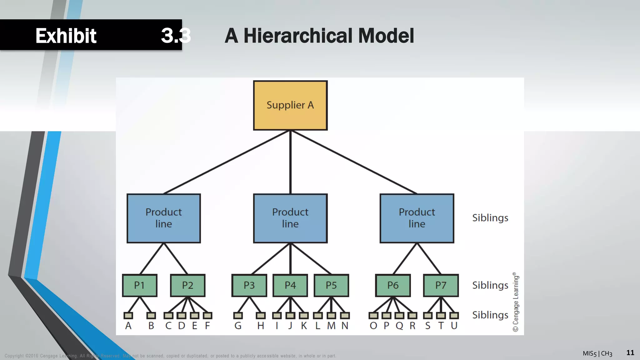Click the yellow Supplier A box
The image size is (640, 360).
point(290,105)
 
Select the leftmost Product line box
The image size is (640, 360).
point(163,218)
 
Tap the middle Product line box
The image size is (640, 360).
point(290,218)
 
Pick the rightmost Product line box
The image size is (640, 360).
point(417,218)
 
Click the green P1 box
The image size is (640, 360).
point(140,285)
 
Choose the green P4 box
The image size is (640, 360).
point(290,285)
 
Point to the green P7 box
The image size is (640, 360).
point(441,285)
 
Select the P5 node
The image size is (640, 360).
point(331,285)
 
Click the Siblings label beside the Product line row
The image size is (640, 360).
point(490,218)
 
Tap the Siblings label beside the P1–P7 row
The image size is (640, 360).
point(490,285)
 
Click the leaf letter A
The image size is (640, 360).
point(128,326)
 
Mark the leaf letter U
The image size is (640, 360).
point(454,326)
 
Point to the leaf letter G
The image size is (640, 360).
point(238,326)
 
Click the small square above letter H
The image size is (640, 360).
point(261,316)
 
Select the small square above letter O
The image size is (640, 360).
point(373,316)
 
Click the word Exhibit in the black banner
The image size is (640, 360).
point(66,36)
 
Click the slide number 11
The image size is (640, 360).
point(630,353)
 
